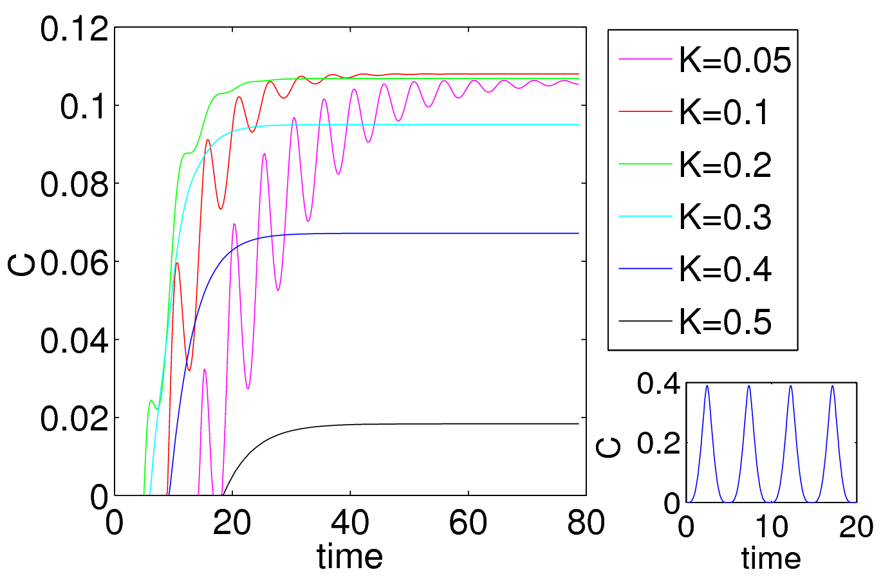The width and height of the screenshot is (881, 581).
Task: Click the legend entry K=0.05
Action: [x=735, y=60]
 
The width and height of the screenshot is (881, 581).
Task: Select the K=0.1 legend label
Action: [x=724, y=113]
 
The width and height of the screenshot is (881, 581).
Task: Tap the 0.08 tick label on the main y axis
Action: [x=74, y=185]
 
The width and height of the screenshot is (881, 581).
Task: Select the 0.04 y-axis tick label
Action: [x=74, y=341]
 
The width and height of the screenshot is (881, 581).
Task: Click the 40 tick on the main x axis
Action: [x=350, y=523]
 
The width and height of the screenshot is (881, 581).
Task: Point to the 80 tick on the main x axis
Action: [x=586, y=523]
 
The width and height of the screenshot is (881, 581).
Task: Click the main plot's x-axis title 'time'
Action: [x=350, y=556]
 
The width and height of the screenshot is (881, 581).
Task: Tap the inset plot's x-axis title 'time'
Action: [x=771, y=558]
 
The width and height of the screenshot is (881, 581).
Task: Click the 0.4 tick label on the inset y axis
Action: [x=658, y=384]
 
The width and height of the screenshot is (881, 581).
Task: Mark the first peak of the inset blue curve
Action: [x=707, y=385]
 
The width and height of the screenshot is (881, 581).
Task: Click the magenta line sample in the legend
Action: [x=645, y=60]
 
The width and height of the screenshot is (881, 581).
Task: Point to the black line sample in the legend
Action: [x=645, y=320]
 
